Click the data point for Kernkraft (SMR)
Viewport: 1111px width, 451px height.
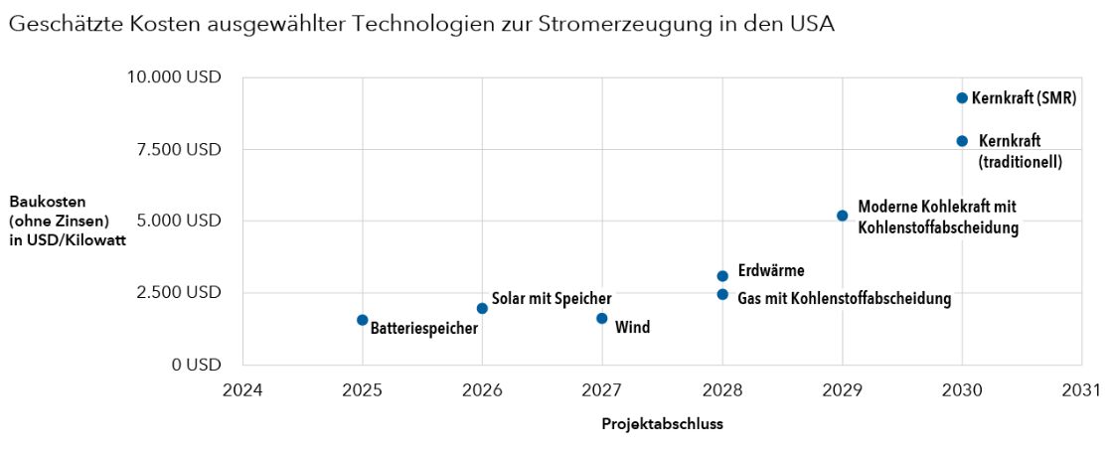[x=962, y=97]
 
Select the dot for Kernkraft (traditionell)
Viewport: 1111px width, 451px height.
[x=962, y=141]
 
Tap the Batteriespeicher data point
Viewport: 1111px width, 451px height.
[x=363, y=320]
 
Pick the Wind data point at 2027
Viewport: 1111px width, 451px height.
[x=602, y=318]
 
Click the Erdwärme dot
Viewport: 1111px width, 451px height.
[x=722, y=276]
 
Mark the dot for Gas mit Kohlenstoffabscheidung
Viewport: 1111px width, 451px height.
[x=722, y=294]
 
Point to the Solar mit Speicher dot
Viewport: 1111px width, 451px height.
[x=482, y=308]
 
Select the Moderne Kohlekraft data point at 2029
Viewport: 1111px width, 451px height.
[x=843, y=216]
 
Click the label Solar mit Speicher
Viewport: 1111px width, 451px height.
[x=552, y=298]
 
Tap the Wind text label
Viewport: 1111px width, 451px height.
[x=633, y=327]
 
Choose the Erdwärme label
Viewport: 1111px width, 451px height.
[x=771, y=270]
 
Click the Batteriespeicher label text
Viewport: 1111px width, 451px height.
[x=424, y=327]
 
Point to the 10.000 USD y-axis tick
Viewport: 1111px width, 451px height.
[x=187, y=77]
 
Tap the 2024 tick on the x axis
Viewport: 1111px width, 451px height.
[x=242, y=388]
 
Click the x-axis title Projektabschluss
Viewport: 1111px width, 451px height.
[x=662, y=423]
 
